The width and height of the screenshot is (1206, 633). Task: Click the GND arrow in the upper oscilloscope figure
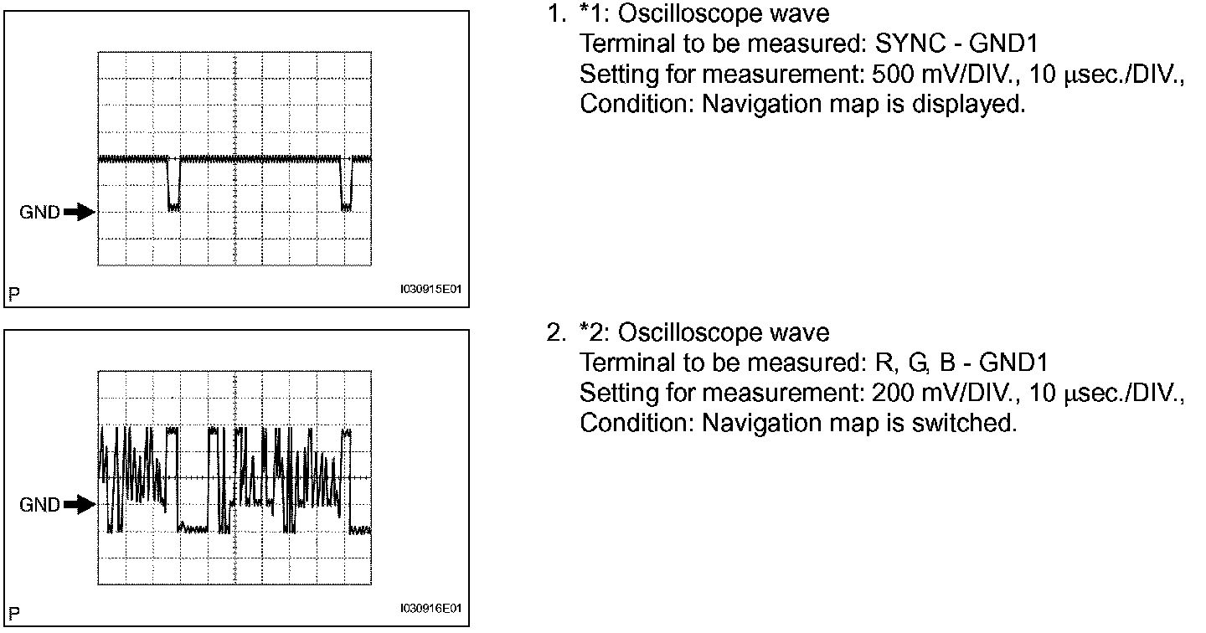coord(80,213)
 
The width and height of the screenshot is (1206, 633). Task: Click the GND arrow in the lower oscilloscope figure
coord(80,504)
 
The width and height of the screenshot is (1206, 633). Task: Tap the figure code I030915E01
coord(430,290)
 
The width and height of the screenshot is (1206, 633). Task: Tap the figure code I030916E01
coord(430,609)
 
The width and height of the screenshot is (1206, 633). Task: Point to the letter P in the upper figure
coord(13,294)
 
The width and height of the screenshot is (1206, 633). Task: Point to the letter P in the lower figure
coord(13,613)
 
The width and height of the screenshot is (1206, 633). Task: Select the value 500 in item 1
coord(893,75)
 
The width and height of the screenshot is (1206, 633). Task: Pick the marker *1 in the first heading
coord(590,14)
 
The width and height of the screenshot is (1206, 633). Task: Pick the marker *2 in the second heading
coord(590,333)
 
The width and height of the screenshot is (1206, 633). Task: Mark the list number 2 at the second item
coord(555,333)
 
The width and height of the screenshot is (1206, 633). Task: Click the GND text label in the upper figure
coord(39,213)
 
